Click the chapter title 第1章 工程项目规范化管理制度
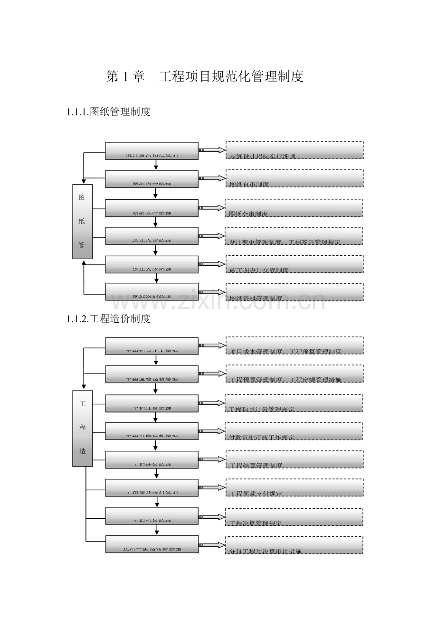204,76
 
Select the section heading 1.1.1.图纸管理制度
109,112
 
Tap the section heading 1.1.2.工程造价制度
109,319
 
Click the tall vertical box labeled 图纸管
82,222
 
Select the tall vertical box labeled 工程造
82,428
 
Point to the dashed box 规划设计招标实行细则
294,150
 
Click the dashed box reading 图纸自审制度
294,178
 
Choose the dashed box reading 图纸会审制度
294,208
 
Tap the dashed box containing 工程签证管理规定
294,236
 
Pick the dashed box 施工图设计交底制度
294,264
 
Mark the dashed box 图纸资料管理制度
294,292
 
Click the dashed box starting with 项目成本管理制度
294,346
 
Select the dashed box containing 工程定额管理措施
294,374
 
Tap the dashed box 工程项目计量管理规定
294,403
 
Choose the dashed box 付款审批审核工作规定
294,431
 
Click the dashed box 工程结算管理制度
294,459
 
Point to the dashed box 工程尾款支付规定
294,487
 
